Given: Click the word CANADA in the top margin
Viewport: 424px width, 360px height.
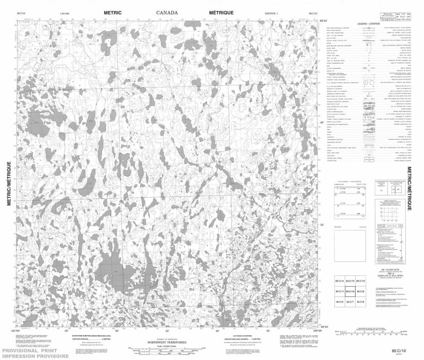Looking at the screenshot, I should pyautogui.click(x=167, y=12).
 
